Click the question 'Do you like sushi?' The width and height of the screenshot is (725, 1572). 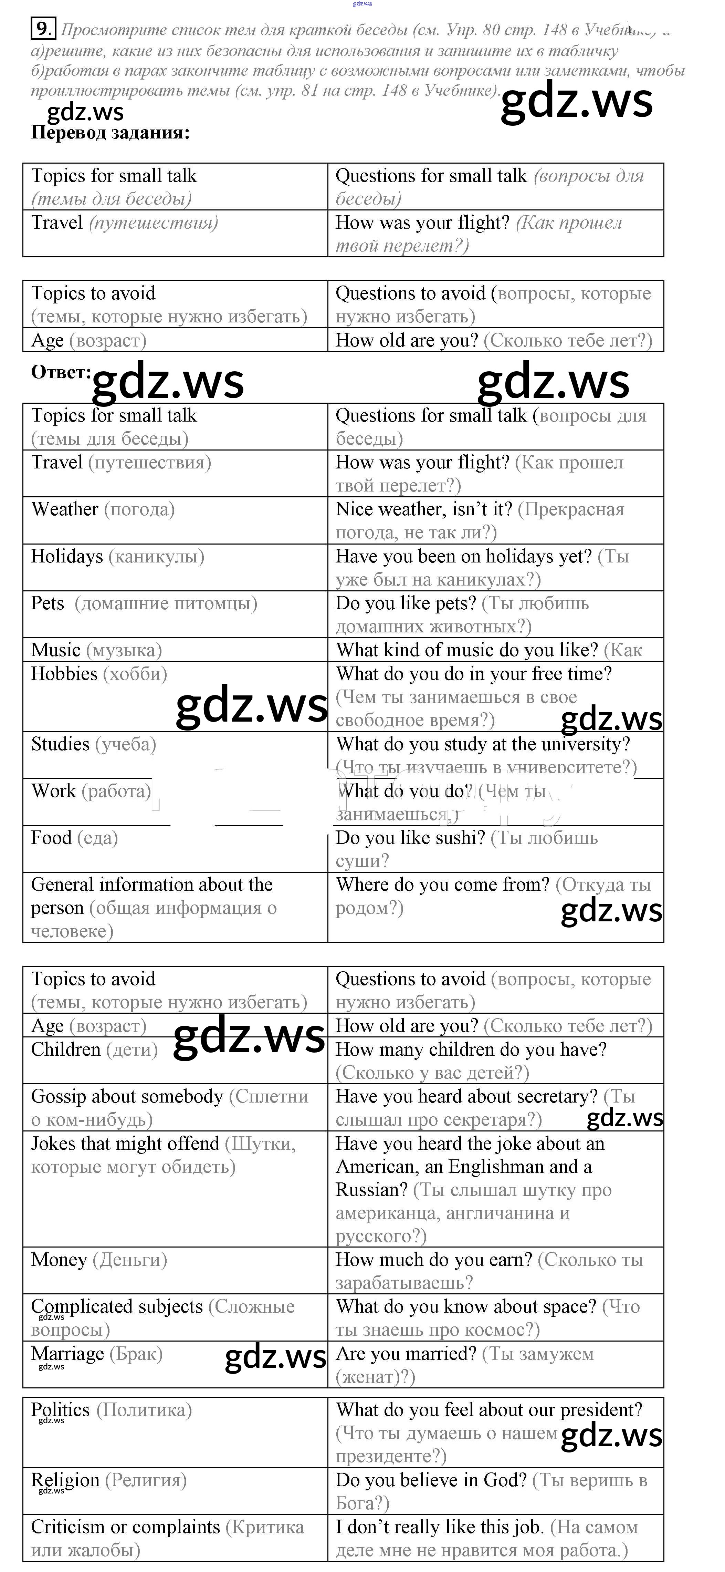click(x=410, y=838)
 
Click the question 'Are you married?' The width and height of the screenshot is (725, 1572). click(x=406, y=1354)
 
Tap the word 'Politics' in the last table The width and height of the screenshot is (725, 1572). click(x=60, y=1410)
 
